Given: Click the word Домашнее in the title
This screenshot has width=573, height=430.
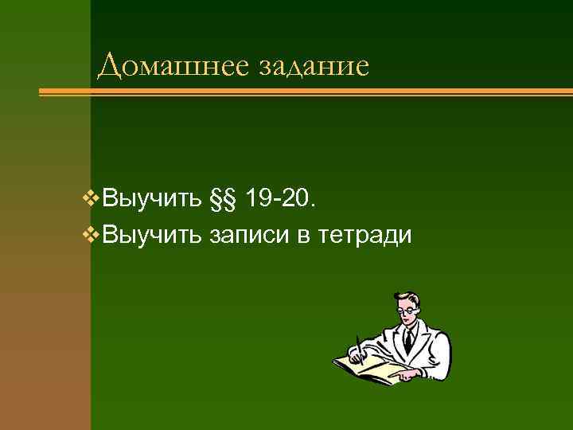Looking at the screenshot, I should point(174,66).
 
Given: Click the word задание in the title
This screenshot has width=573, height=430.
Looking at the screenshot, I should point(314,66).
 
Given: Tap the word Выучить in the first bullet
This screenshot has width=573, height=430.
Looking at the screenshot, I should point(152,197).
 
